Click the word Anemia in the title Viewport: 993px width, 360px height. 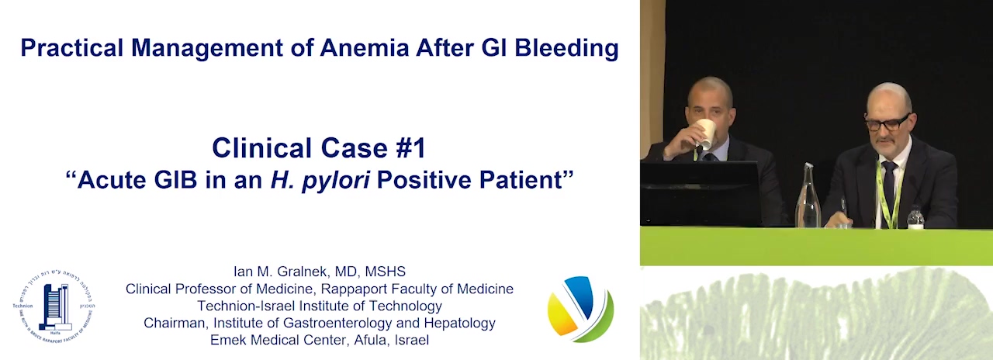(x=364, y=47)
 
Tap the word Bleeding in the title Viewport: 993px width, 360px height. (x=566, y=49)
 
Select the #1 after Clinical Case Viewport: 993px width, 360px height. (x=410, y=148)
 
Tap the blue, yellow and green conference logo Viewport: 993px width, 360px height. (x=580, y=309)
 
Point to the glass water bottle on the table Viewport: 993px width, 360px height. (x=808, y=196)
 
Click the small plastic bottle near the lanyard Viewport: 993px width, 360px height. (x=915, y=218)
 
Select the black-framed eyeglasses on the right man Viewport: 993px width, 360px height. (x=887, y=122)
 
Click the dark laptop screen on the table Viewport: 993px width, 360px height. (x=701, y=194)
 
